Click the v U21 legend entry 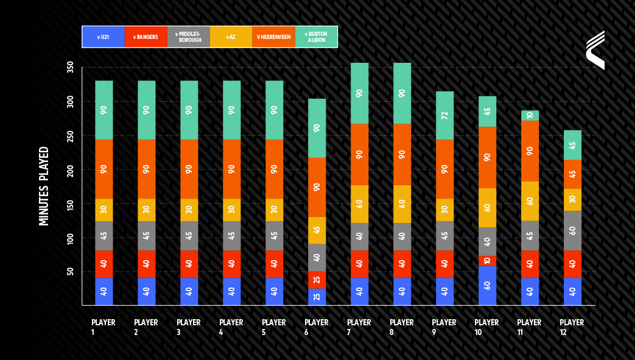(x=103, y=37)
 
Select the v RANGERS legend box (x=146, y=37)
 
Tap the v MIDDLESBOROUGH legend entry (x=189, y=37)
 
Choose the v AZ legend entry (x=231, y=37)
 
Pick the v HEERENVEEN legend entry (x=273, y=37)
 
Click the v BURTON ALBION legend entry (x=316, y=37)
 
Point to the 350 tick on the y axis (x=71, y=67)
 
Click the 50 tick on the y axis (x=71, y=272)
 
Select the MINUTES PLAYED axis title (x=44, y=186)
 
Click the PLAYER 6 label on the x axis (x=317, y=327)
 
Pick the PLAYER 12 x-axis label (x=572, y=327)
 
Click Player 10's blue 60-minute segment (x=487, y=286)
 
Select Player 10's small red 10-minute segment (x=487, y=261)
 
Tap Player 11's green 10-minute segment (x=530, y=116)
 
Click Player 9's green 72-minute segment (x=444, y=116)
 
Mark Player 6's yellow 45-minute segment (x=317, y=230)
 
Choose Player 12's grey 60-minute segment (x=573, y=231)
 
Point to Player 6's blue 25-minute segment (x=317, y=297)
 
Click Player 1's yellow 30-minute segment (x=104, y=210)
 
